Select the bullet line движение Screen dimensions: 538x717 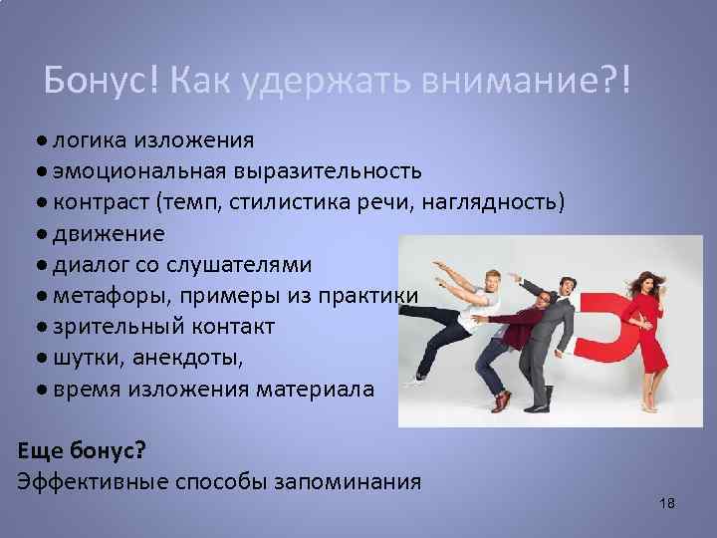pos(109,235)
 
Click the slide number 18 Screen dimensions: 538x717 pos(667,504)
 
